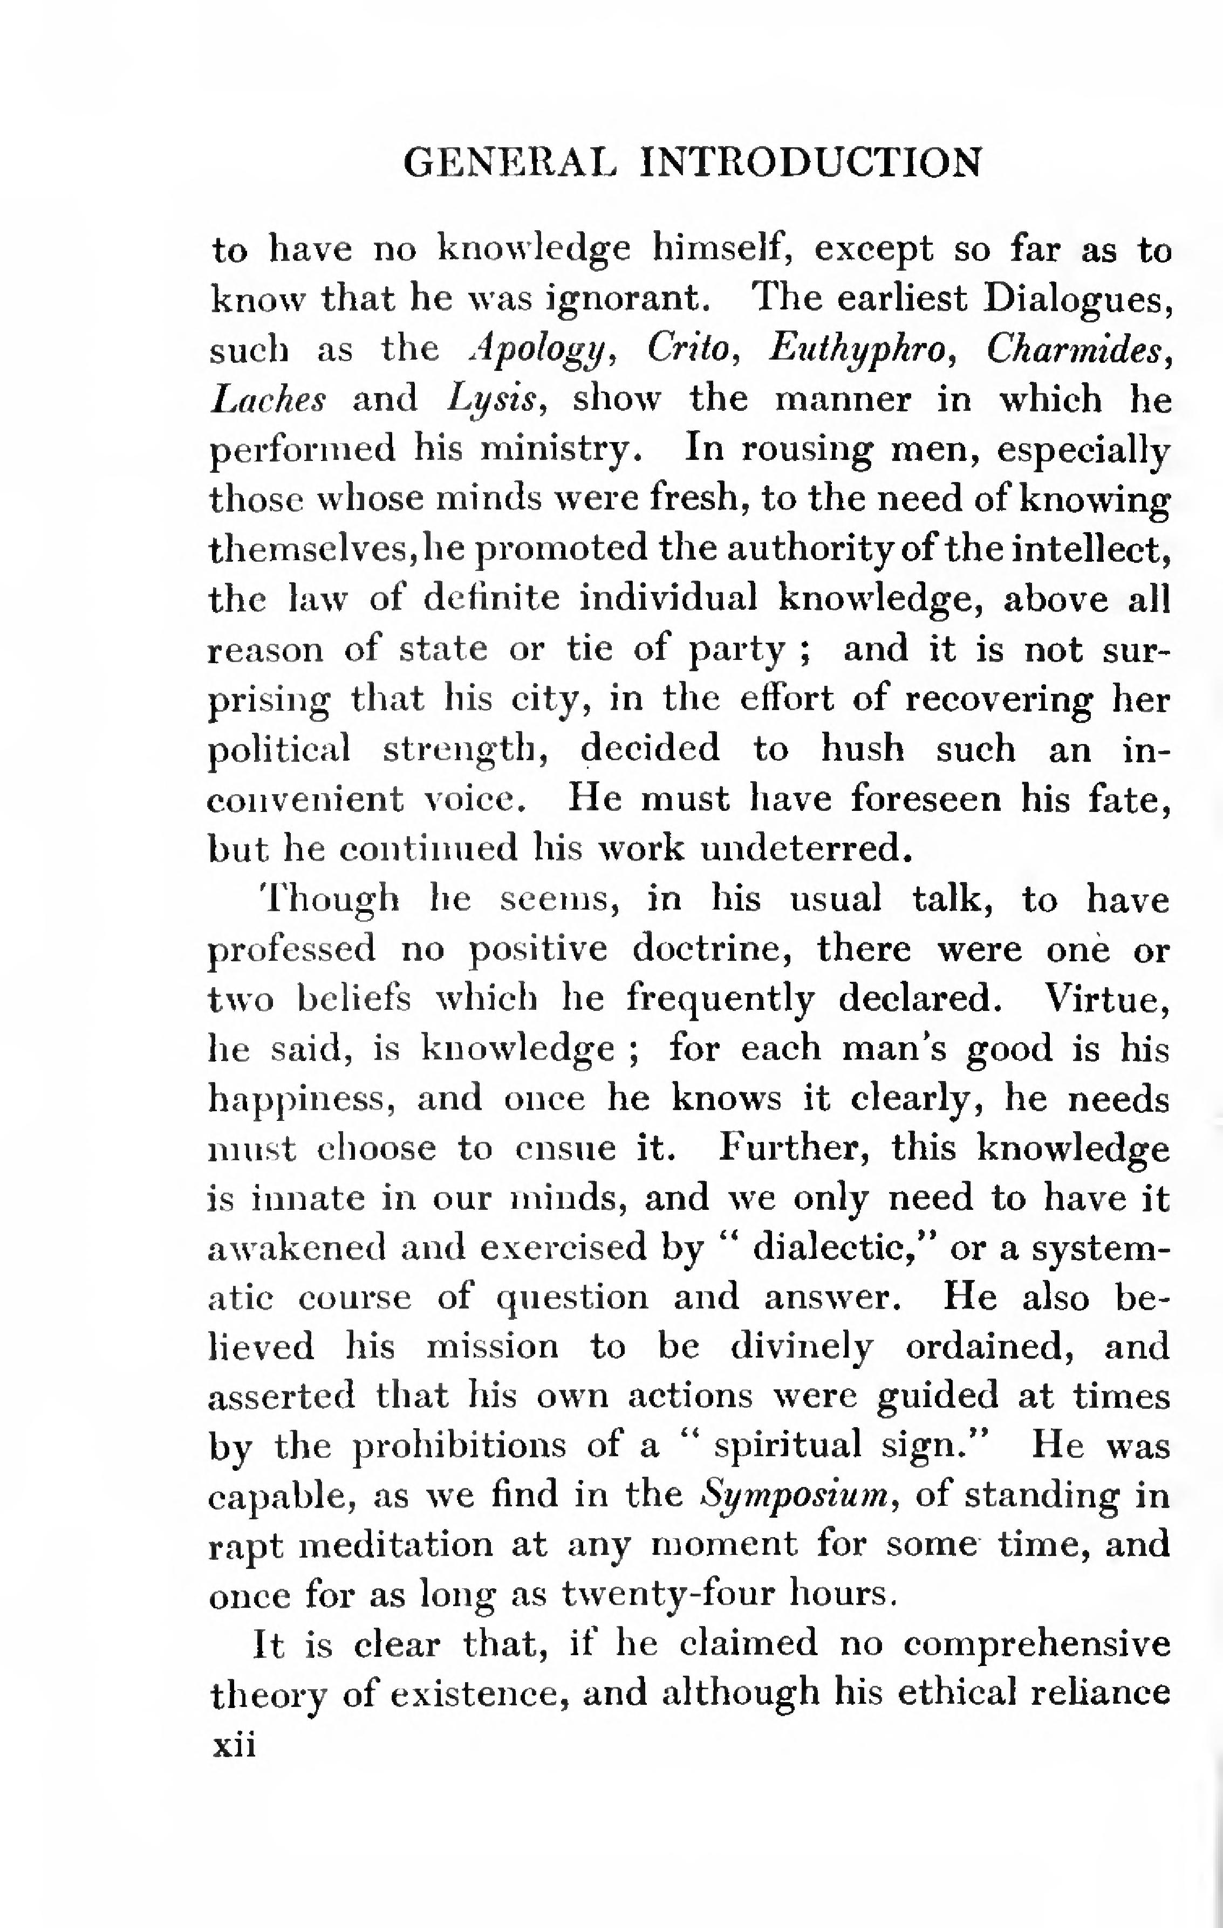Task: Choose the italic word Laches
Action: tap(268, 399)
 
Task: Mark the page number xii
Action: tap(233, 1743)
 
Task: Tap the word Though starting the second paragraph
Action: tap(330, 900)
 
